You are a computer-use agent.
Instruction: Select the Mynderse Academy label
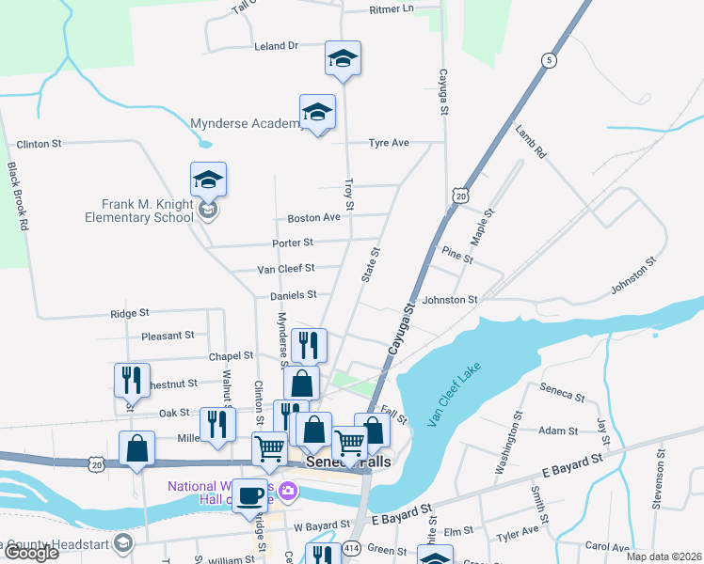(245, 123)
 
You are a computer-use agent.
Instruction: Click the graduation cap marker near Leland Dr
(344, 60)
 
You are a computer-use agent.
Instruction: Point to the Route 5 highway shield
(548, 60)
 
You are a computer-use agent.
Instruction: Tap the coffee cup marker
(249, 495)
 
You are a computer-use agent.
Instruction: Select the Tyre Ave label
(389, 143)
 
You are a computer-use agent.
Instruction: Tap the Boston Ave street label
(313, 218)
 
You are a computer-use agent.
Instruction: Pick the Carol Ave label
(607, 545)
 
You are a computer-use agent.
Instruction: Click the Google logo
(30, 554)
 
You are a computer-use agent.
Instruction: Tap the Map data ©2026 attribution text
(663, 556)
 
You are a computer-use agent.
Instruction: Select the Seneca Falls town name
(347, 464)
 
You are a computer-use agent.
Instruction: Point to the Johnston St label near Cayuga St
(451, 300)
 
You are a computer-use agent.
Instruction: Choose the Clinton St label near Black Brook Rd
(39, 144)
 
